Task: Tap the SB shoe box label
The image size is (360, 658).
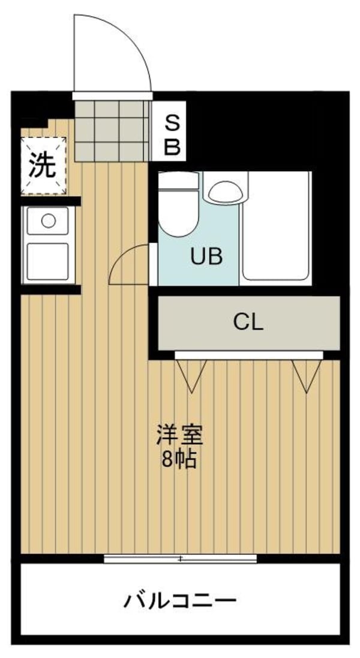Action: [172, 134]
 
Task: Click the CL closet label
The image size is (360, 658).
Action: [248, 322]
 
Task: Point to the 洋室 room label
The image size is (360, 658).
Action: [179, 435]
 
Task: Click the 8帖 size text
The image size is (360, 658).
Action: [179, 460]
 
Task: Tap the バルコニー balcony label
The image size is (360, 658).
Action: [179, 601]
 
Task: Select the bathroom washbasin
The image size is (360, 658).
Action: [226, 193]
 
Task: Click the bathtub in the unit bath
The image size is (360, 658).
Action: [276, 226]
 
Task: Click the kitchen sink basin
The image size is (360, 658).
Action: [47, 261]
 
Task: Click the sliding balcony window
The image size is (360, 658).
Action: [181, 558]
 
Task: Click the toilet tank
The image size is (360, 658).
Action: [178, 181]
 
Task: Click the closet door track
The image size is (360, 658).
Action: [249, 355]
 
